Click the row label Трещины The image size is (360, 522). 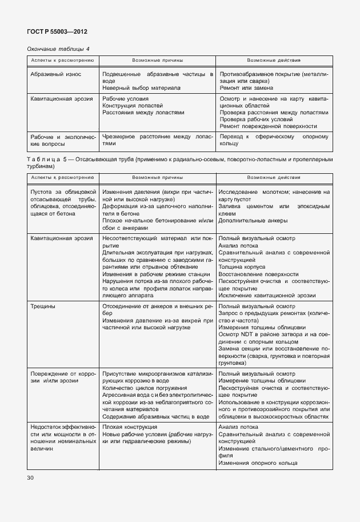click(x=43, y=306)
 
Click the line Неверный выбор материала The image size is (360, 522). click(x=141, y=88)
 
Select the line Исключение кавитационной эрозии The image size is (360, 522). click(x=266, y=296)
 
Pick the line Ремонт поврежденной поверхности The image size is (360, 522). click(x=268, y=126)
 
